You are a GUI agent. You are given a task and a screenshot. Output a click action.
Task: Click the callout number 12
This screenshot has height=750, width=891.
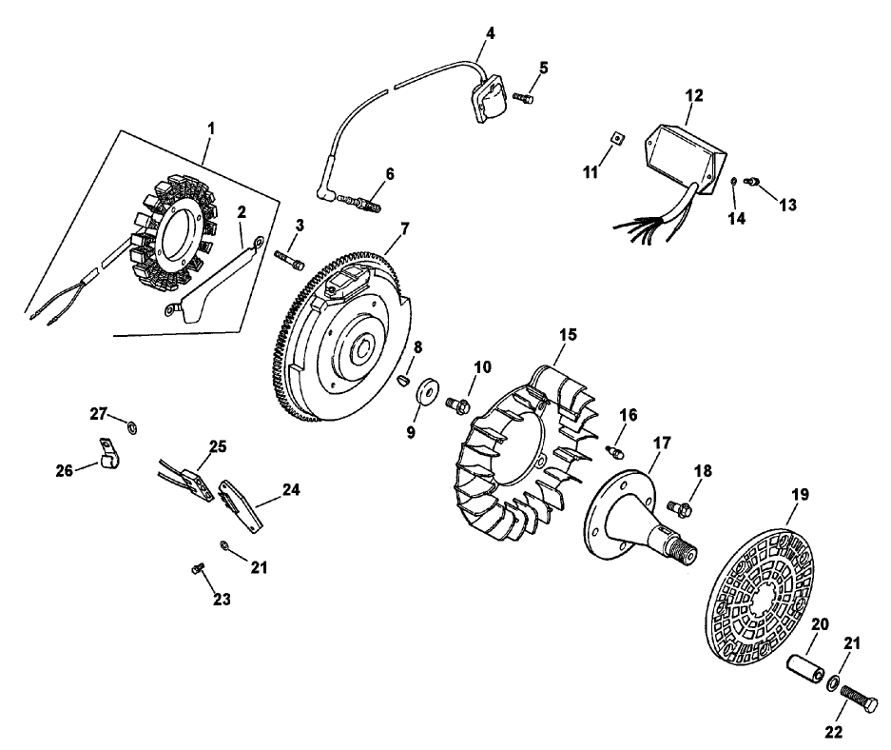[693, 95]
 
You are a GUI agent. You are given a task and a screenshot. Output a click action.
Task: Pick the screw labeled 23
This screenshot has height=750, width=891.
[197, 567]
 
